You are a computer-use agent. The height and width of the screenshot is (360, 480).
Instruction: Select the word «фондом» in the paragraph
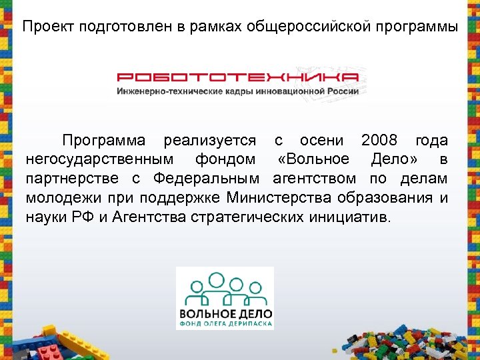click(x=225, y=160)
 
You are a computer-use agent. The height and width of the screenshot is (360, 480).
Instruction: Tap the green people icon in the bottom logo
click(x=225, y=289)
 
